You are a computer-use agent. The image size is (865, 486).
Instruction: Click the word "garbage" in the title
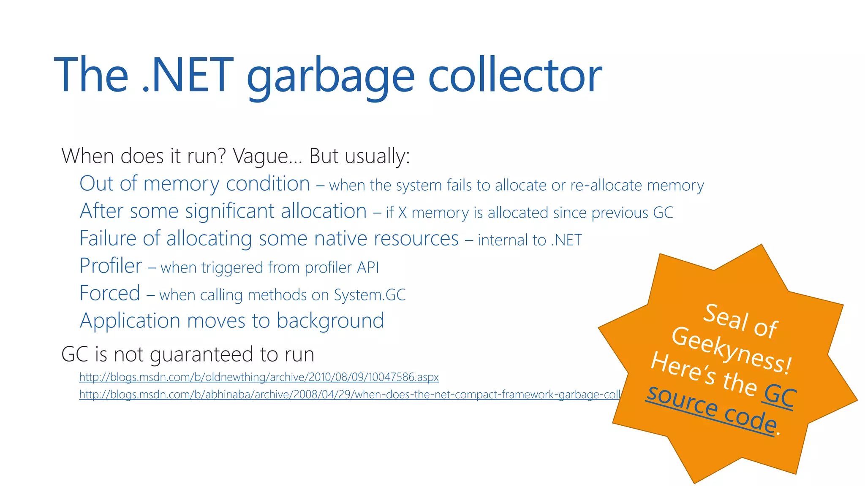(330, 76)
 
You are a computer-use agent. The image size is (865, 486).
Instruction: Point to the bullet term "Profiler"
(111, 266)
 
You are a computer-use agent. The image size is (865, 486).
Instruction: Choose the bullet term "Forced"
(110, 293)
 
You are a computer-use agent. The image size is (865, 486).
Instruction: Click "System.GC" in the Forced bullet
(370, 295)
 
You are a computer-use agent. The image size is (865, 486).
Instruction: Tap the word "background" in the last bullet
(330, 321)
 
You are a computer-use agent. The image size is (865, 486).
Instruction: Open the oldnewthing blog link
(259, 377)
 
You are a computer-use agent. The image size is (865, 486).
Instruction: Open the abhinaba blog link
(349, 394)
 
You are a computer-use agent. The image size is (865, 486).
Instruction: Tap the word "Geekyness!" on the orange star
(731, 351)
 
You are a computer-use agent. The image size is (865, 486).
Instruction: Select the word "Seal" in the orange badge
(726, 316)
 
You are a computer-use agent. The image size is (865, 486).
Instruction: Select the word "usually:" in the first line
(377, 156)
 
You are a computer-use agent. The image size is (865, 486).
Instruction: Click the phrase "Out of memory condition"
(195, 184)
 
